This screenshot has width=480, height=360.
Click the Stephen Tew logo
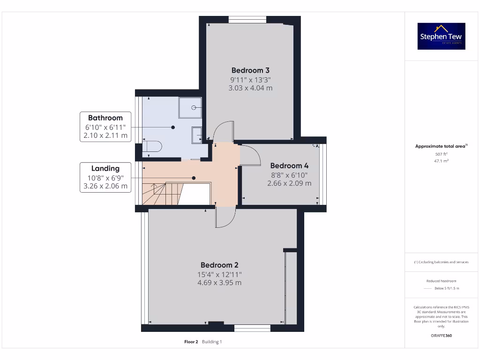click(441, 36)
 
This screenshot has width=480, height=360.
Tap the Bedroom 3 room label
click(250, 70)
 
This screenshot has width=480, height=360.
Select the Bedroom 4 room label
click(289, 165)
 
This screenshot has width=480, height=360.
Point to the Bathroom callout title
click(105, 118)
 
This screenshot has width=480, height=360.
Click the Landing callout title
click(105, 168)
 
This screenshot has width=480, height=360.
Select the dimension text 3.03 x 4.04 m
click(250, 88)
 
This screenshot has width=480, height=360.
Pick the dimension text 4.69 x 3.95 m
click(219, 283)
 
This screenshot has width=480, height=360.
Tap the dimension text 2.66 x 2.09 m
click(289, 183)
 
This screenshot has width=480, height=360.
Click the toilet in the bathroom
click(152, 147)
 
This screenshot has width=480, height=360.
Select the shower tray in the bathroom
click(190, 107)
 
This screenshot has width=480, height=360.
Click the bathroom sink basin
click(197, 135)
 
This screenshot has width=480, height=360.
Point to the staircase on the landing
click(159, 194)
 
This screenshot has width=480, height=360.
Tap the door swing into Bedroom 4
click(250, 155)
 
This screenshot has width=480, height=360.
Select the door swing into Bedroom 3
click(222, 131)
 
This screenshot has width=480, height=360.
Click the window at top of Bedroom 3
click(247, 19)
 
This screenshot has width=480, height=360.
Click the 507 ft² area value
click(441, 154)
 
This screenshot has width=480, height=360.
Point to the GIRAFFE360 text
click(441, 336)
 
